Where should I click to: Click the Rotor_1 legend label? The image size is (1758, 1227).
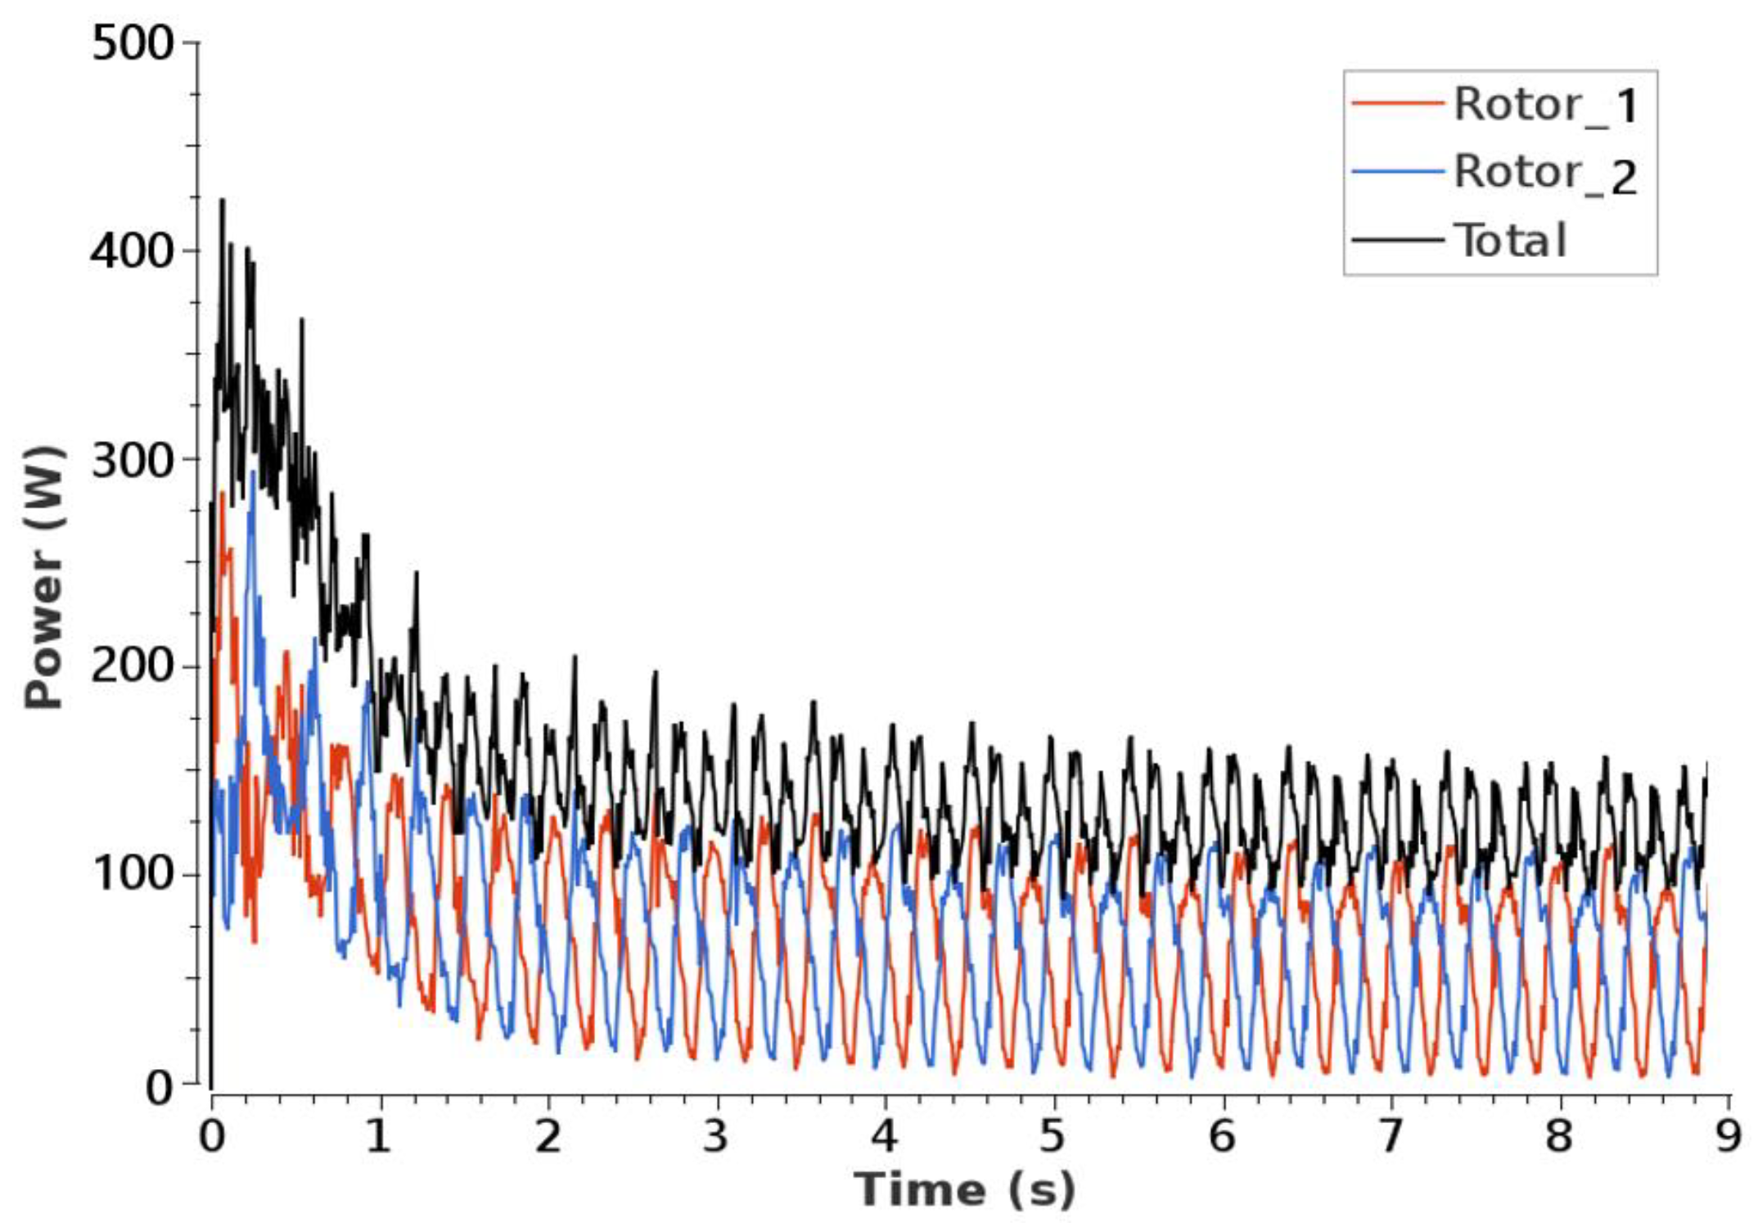pyautogui.click(x=1545, y=106)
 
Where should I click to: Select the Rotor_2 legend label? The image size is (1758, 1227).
pyautogui.click(x=1545, y=174)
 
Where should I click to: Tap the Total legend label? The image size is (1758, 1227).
pyautogui.click(x=1511, y=241)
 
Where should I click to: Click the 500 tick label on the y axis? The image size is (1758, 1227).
pyautogui.click(x=133, y=43)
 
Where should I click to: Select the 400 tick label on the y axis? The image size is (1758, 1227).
pyautogui.click(x=133, y=251)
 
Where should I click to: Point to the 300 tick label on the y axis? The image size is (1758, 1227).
pyautogui.click(x=133, y=461)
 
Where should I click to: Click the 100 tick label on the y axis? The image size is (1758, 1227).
pyautogui.click(x=133, y=873)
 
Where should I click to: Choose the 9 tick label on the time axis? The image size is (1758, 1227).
pyautogui.click(x=1727, y=1135)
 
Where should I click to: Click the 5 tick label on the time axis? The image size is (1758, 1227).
pyautogui.click(x=1053, y=1135)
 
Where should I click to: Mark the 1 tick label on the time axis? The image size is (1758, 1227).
pyautogui.click(x=378, y=1135)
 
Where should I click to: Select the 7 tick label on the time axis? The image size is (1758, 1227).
pyautogui.click(x=1391, y=1135)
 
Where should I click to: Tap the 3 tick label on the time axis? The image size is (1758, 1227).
pyautogui.click(x=715, y=1135)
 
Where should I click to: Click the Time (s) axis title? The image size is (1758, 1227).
pyautogui.click(x=964, y=1189)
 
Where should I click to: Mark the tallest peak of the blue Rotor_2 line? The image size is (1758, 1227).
pyautogui.click(x=253, y=473)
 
